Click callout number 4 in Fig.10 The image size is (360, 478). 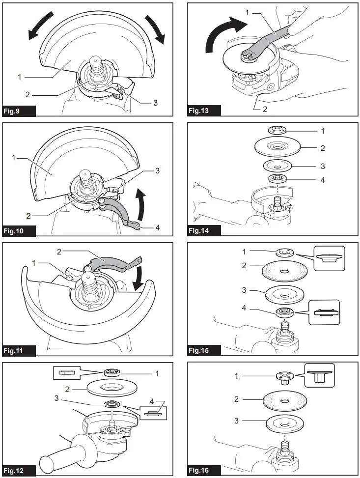(157, 227)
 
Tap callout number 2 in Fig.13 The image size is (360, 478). (265, 109)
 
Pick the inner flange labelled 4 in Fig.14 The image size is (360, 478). (278, 179)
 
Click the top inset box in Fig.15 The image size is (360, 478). (330, 258)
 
